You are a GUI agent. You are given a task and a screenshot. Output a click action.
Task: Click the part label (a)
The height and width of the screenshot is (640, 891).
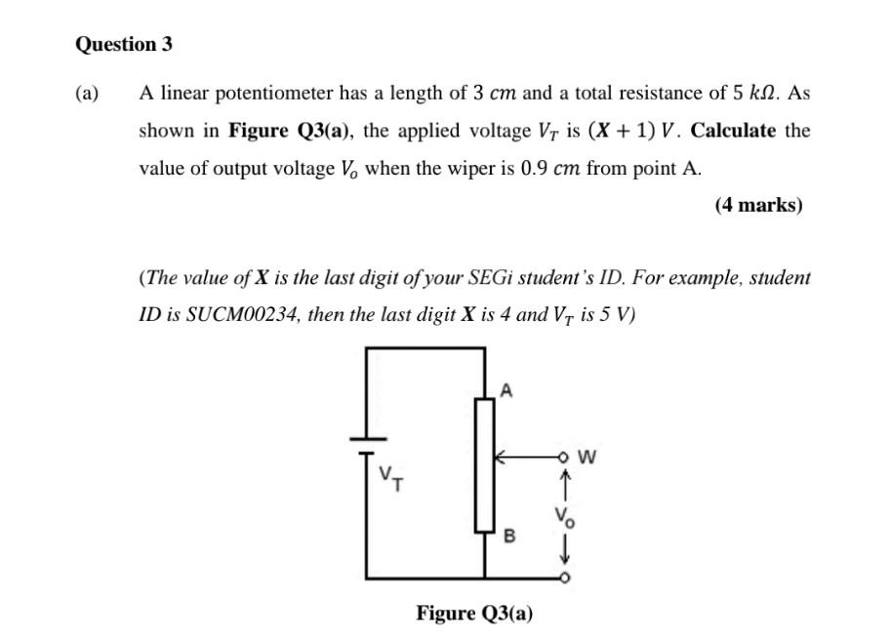tap(88, 94)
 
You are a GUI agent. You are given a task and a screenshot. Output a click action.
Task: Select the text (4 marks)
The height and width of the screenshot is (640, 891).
tap(758, 205)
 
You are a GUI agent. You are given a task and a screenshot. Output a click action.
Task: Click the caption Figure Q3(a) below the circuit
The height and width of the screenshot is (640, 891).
tap(474, 613)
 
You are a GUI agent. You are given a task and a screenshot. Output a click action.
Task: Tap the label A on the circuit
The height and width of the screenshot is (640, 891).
tap(506, 390)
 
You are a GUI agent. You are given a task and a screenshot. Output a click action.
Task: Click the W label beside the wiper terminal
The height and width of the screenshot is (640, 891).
tap(587, 455)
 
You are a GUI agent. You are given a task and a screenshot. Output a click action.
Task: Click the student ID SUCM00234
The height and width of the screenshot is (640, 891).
tap(227, 315)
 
